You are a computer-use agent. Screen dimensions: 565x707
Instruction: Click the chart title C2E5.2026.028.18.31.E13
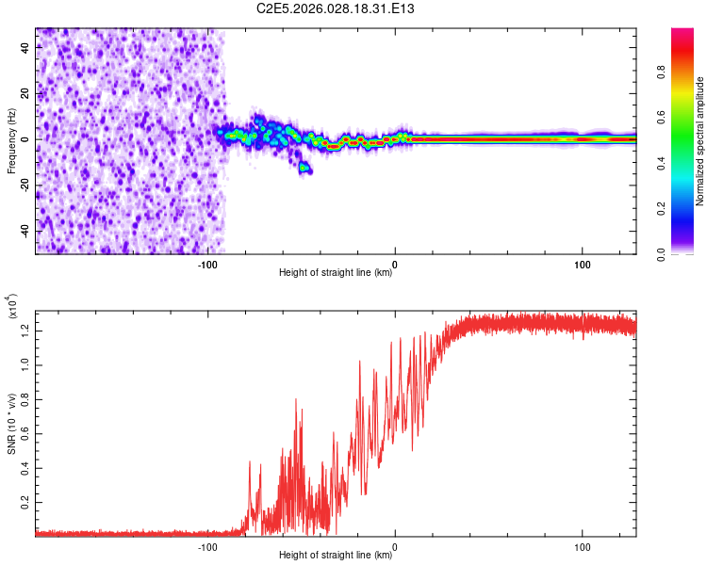(x=337, y=8)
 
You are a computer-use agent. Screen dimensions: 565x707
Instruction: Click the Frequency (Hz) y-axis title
(x=11, y=141)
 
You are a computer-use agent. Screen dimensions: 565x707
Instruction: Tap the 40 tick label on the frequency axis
(x=25, y=48)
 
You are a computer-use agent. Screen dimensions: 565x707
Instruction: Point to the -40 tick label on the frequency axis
(x=24, y=231)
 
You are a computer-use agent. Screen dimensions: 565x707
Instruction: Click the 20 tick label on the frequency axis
(x=25, y=94)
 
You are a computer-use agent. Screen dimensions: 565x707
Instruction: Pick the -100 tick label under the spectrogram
(x=208, y=265)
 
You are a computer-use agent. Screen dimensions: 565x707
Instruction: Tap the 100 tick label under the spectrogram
(x=583, y=265)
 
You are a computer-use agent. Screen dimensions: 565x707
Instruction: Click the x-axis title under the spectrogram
(x=336, y=274)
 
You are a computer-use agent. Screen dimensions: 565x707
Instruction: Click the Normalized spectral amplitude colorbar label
(x=700, y=141)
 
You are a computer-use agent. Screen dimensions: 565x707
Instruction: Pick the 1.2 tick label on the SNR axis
(x=25, y=329)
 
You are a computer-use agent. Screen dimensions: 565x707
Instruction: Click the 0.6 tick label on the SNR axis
(x=25, y=432)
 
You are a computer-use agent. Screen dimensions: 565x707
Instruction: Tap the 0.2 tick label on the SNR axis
(x=25, y=502)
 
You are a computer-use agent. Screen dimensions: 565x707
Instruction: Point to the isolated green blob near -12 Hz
(x=304, y=168)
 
